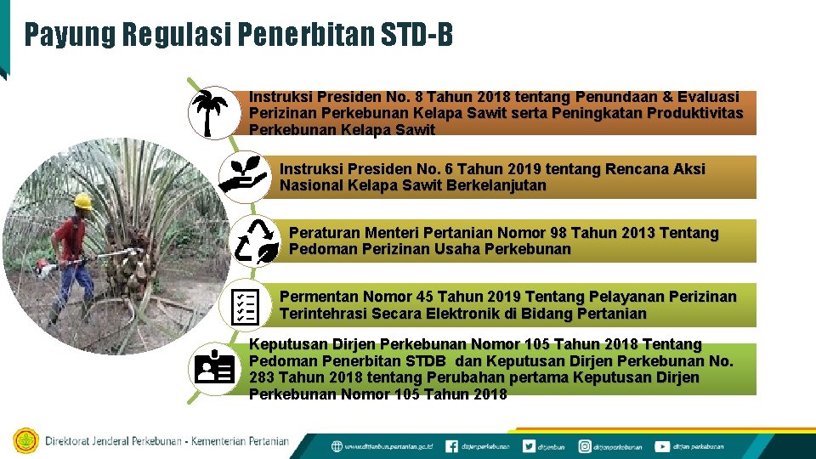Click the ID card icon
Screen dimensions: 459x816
[213, 368]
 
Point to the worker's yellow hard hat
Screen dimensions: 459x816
[82, 201]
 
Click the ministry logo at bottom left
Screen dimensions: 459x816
[25, 441]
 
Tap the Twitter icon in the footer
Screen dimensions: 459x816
[529, 446]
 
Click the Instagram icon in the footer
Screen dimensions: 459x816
[585, 446]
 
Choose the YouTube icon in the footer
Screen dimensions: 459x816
[661, 446]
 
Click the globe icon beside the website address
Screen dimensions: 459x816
[337, 446]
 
